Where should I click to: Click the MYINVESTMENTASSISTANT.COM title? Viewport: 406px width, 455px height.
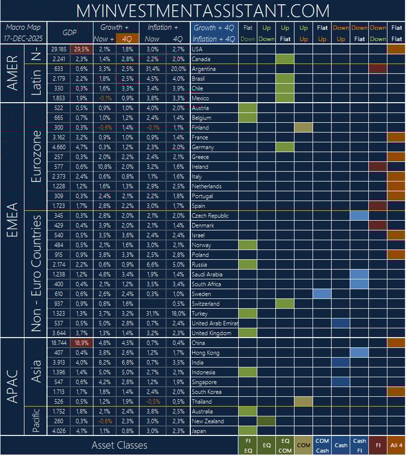click(203, 11)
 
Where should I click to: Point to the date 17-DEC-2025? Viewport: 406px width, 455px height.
click(23, 39)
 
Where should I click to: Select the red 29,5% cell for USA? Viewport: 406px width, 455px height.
click(81, 49)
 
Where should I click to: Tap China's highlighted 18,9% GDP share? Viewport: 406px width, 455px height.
click(81, 343)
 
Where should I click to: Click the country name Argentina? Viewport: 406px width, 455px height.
click(204, 69)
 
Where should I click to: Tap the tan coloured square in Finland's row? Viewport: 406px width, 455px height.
click(303, 128)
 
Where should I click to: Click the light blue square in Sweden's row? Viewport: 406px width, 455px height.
click(322, 294)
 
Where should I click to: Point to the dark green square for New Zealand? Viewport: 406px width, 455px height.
click(266, 421)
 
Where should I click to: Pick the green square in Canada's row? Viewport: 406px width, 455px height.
click(285, 59)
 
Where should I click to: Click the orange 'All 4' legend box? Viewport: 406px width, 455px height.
click(396, 445)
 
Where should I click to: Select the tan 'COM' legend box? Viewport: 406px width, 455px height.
click(303, 445)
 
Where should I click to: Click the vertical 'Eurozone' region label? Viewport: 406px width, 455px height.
click(36, 157)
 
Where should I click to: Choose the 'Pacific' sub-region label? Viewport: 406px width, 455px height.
click(36, 421)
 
